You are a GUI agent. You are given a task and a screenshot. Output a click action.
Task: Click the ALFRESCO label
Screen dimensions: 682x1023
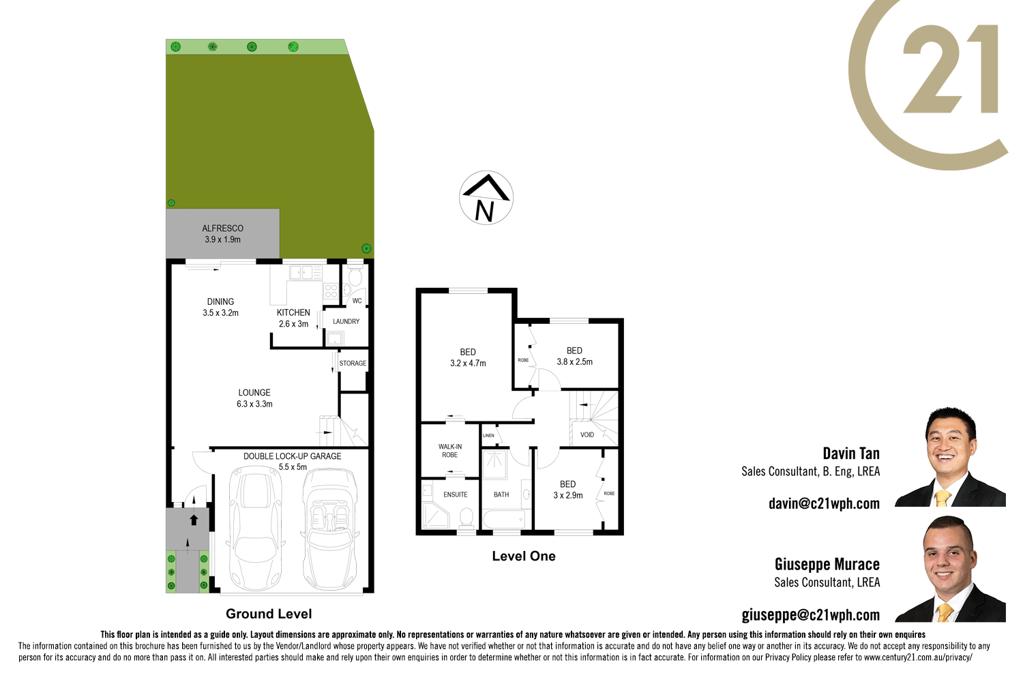[222, 228]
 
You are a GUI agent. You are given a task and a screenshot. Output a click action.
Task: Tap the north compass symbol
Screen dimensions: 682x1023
[486, 198]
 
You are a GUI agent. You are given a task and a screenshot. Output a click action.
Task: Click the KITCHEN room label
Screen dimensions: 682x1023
[293, 312]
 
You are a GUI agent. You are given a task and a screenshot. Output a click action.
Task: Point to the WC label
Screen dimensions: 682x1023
[357, 301]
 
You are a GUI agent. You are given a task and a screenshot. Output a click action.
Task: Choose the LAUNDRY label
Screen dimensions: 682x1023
[346, 321]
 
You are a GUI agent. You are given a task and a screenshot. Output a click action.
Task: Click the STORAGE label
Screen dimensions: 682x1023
[353, 364]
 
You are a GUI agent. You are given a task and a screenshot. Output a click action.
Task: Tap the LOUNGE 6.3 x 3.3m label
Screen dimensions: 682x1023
[254, 398]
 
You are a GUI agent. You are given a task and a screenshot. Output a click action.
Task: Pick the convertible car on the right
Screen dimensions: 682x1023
[329, 529]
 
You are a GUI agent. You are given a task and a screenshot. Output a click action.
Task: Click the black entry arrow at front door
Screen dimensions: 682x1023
[194, 520]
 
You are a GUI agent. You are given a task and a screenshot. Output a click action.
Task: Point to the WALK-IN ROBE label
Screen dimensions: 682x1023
[450, 451]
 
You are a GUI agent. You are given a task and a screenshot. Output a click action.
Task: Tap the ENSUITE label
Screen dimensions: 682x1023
[456, 494]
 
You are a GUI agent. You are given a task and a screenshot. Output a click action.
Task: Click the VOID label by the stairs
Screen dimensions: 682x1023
[587, 434]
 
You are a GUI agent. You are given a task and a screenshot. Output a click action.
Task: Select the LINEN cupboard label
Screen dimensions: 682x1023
[488, 435]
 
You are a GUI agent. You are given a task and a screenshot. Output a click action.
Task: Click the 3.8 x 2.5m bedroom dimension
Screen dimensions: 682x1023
[575, 362]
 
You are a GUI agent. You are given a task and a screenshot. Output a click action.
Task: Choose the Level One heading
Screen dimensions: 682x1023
[524, 556]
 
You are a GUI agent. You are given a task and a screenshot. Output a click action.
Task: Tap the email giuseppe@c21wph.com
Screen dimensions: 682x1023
[810, 615]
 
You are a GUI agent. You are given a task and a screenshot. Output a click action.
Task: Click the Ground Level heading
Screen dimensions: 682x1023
[269, 614]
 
